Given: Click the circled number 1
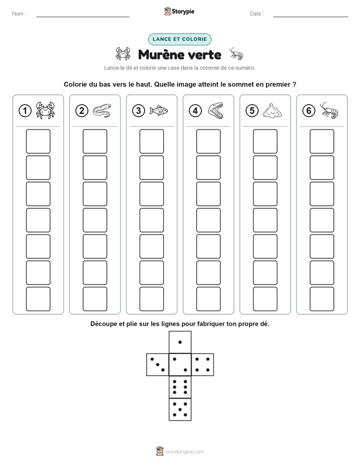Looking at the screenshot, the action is click(25, 111).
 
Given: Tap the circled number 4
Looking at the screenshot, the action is click(195, 111).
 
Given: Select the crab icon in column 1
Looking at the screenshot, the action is click(45, 110).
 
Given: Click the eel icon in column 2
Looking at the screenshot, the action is click(102, 110).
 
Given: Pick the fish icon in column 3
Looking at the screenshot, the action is click(159, 110).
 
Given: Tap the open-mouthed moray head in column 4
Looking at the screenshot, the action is click(215, 110).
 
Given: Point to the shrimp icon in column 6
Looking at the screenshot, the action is click(329, 110).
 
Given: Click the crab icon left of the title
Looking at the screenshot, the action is click(123, 54).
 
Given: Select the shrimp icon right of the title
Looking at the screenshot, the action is click(236, 54).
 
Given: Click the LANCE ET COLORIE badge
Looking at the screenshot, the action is click(179, 39).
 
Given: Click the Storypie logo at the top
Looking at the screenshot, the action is click(179, 12).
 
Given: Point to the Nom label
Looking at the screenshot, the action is click(19, 14).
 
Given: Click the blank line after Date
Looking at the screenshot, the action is click(311, 17).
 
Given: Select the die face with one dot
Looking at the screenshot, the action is click(180, 342).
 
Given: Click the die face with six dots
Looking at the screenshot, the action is click(180, 387).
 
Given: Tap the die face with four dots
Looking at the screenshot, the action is click(203, 365).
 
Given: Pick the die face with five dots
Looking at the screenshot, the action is click(180, 410).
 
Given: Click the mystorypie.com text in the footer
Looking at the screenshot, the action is click(185, 452).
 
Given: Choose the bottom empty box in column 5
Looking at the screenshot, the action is click(265, 299).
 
